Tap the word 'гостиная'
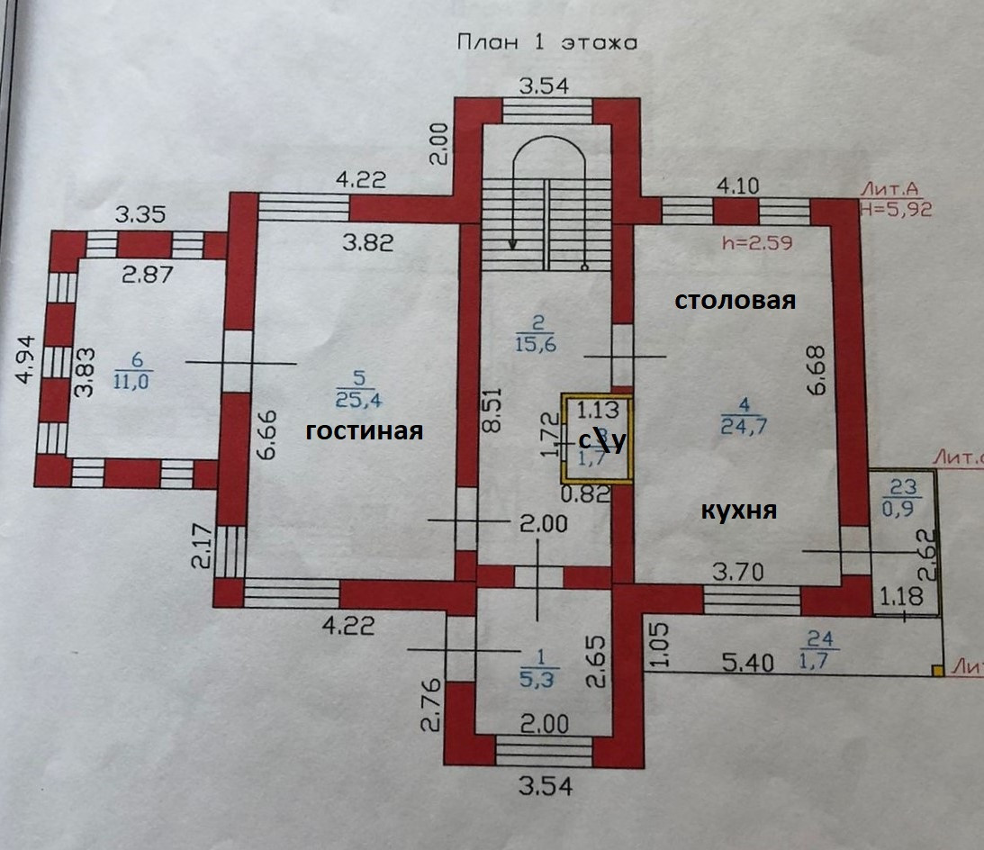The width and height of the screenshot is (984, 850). coord(364,431)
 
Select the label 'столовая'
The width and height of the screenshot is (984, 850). coord(736,301)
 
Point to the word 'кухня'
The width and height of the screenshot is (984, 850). coord(738,511)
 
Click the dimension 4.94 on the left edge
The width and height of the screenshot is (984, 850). coord(28,358)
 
